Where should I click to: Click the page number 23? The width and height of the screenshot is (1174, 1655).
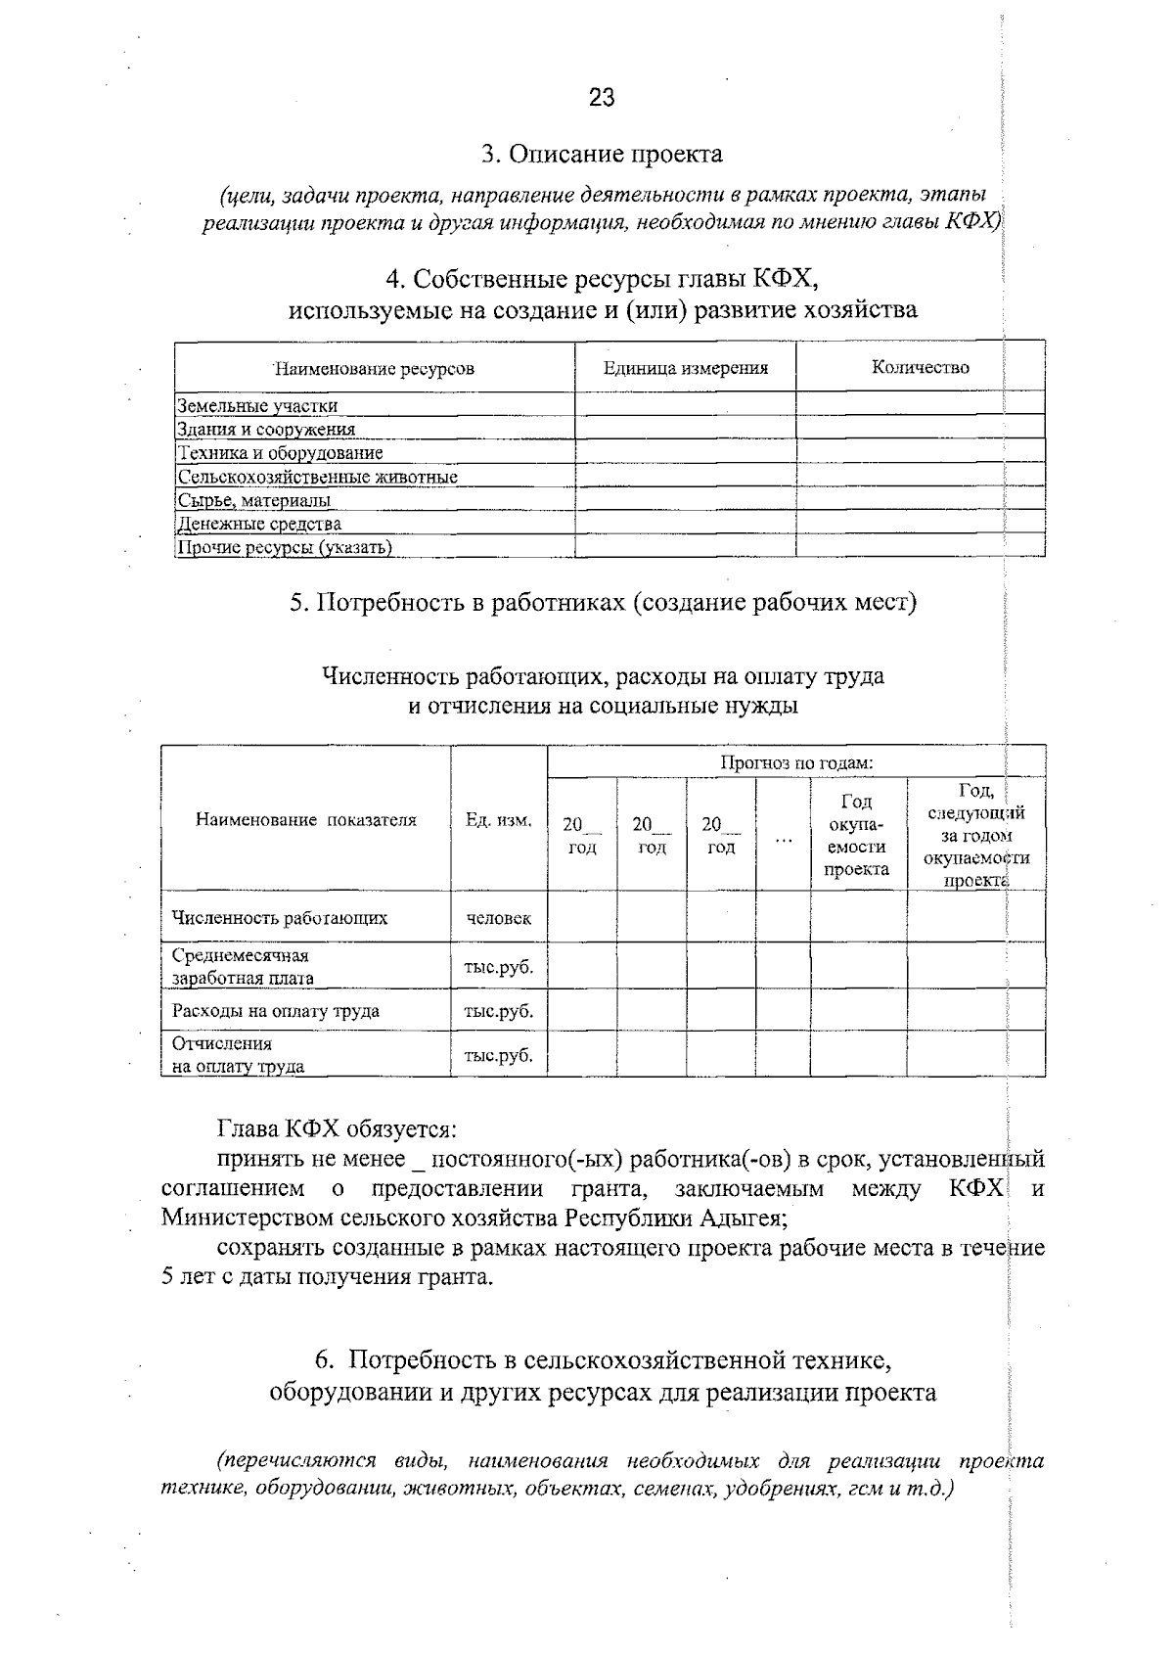click(x=602, y=97)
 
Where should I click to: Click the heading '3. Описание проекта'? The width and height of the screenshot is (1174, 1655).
click(x=602, y=154)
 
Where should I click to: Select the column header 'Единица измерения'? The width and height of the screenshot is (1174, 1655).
click(x=685, y=368)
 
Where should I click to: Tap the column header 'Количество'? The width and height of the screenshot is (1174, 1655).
click(x=920, y=367)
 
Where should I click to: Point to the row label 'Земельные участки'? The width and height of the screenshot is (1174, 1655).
click(x=257, y=405)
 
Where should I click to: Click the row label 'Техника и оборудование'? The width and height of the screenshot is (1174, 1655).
click(x=280, y=453)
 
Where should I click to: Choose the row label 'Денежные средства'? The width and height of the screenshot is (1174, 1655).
click(x=260, y=524)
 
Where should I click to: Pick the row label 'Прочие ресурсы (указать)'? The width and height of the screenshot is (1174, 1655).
click(x=285, y=547)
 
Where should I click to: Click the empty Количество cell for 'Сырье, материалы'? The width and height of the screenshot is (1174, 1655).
click(x=920, y=499)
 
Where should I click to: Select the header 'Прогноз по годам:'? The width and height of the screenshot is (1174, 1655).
click(x=796, y=761)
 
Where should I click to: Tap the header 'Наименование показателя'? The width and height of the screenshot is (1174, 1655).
click(x=306, y=820)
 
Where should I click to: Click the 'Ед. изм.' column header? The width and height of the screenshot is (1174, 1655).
click(x=499, y=820)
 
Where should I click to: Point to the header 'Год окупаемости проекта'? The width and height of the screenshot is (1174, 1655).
click(x=857, y=835)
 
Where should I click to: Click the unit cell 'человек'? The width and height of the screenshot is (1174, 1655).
click(x=499, y=918)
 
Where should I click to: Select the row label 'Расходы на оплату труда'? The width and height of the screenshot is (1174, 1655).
click(x=276, y=1011)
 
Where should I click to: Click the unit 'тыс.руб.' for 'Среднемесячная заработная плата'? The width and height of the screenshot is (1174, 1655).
click(x=499, y=967)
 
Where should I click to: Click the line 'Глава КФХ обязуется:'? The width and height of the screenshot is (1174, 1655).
click(x=337, y=1128)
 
